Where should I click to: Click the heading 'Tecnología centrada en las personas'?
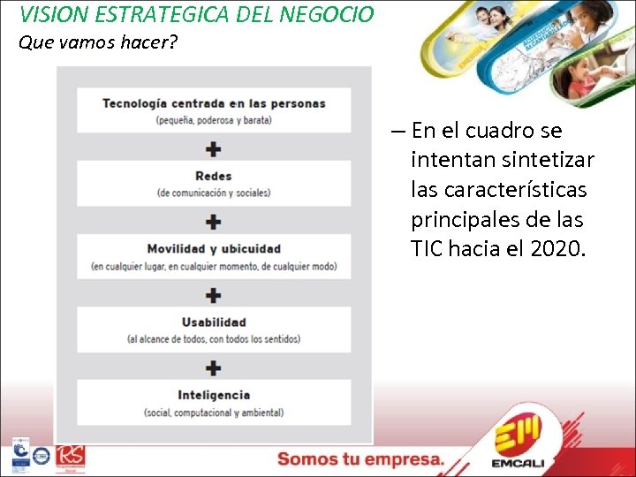pyautogui.click(x=214, y=102)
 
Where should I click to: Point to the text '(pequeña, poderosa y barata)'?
pyautogui.click(x=214, y=119)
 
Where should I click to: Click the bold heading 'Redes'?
pyautogui.click(x=214, y=176)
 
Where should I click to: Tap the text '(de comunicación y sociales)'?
pyautogui.click(x=214, y=193)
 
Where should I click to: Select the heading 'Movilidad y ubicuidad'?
pyautogui.click(x=214, y=248)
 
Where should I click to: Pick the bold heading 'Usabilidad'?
pyautogui.click(x=214, y=322)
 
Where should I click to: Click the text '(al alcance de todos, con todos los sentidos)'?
pyautogui.click(x=214, y=338)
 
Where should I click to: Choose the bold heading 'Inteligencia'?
pyautogui.click(x=214, y=395)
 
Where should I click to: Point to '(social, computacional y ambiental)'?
pyautogui.click(x=214, y=413)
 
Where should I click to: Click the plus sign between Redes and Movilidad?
pyautogui.click(x=214, y=221)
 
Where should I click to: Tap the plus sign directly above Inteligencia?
pyautogui.click(x=214, y=367)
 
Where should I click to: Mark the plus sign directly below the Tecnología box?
pyautogui.click(x=214, y=148)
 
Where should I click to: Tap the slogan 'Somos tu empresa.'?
pyautogui.click(x=360, y=458)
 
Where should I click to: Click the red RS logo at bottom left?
pyautogui.click(x=70, y=458)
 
